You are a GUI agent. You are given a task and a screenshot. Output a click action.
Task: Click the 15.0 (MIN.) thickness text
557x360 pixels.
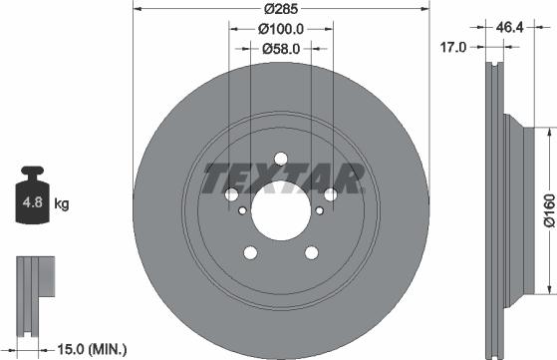click(92, 348)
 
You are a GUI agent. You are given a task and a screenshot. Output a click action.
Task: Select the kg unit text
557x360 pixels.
click(62, 204)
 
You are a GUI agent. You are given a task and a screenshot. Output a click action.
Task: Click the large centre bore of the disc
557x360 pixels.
click(280, 210)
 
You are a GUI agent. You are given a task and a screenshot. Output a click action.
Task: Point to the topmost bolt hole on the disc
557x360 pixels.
click(280, 159)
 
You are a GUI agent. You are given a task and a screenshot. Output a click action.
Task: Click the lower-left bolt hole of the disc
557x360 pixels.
click(250, 251)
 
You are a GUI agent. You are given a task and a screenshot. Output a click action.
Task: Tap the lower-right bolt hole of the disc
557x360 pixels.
click(311, 251)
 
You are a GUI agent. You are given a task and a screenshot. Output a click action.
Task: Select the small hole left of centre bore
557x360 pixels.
click(242, 209)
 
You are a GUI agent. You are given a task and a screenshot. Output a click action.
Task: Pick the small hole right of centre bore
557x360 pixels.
click(319, 209)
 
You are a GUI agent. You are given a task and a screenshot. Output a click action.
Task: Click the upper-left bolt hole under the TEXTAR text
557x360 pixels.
click(231, 194)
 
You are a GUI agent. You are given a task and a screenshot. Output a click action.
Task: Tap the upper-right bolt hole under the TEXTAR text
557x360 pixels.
click(330, 194)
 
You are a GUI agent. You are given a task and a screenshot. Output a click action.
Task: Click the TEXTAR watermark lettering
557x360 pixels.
click(282, 180)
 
